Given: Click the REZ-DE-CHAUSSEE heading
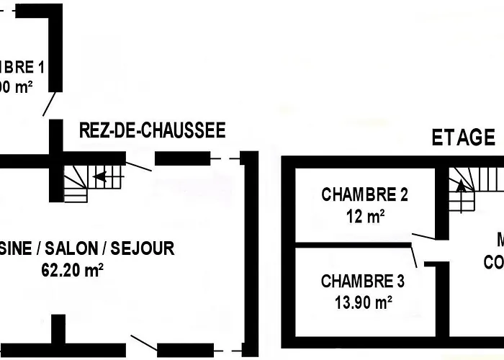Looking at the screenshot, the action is click(152, 131).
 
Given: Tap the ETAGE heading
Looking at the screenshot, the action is click(463, 138).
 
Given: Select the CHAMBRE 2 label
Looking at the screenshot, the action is click(365, 194).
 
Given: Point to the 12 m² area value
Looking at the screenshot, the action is click(365, 216).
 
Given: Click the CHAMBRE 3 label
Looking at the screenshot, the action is click(363, 282).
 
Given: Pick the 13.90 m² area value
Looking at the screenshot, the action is click(363, 302).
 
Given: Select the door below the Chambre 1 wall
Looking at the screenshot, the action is click(49, 104).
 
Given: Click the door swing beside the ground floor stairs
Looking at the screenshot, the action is click(138, 165).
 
